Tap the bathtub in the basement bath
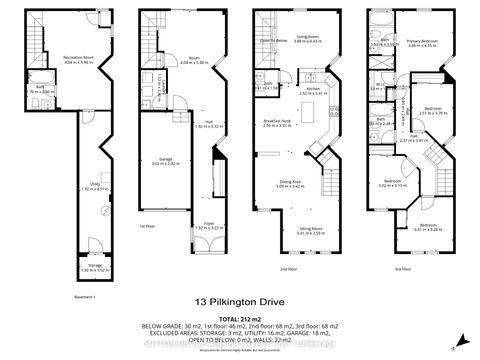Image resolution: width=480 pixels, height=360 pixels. tap(58, 89)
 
